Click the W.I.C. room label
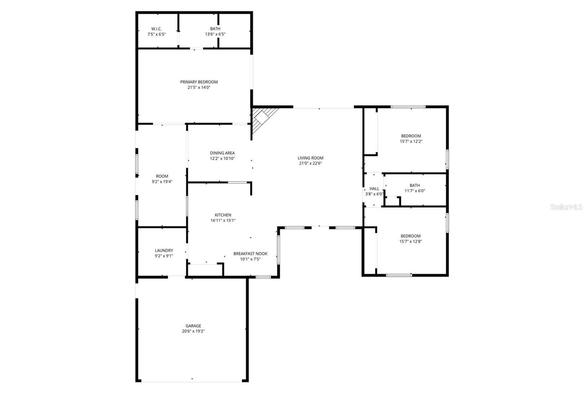pyautogui.click(x=157, y=29)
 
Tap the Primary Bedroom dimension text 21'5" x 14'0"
pyautogui.click(x=199, y=88)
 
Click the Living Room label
pyautogui.click(x=310, y=158)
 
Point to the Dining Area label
pyautogui.click(x=222, y=153)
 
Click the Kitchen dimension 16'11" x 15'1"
pyautogui.click(x=223, y=221)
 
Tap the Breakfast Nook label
pyautogui.click(x=250, y=254)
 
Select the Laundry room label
pyautogui.click(x=164, y=250)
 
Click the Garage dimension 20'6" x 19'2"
pyautogui.click(x=193, y=332)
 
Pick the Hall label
pyautogui.click(x=374, y=189)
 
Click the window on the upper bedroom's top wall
pyautogui.click(x=408, y=107)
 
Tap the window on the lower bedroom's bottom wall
pyautogui.click(x=399, y=275)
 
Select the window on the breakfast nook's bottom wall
pyautogui.click(x=263, y=277)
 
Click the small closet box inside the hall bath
pyautogui.click(x=393, y=201)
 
